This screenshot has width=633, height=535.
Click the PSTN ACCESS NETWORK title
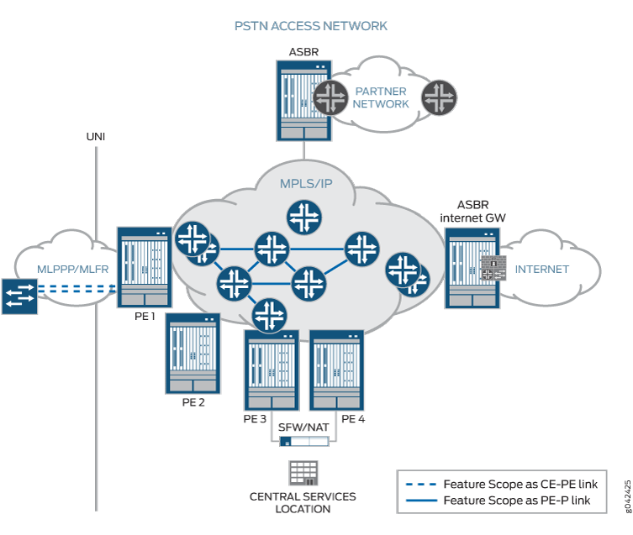311,26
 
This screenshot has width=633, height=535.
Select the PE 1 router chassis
144,268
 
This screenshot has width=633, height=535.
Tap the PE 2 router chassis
193,353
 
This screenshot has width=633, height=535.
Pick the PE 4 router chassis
338,370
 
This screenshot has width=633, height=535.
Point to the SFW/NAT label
303,427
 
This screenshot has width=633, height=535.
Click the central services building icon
303,473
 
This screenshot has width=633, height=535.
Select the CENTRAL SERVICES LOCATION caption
303,502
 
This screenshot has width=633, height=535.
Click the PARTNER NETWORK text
381,97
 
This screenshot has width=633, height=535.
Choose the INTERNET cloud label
541,270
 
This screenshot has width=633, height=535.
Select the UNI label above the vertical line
95,137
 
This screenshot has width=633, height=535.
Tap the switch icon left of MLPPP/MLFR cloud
18,296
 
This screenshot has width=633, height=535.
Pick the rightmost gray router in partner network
438,97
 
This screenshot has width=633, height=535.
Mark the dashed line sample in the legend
419,484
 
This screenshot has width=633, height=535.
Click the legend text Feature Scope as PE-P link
516,501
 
